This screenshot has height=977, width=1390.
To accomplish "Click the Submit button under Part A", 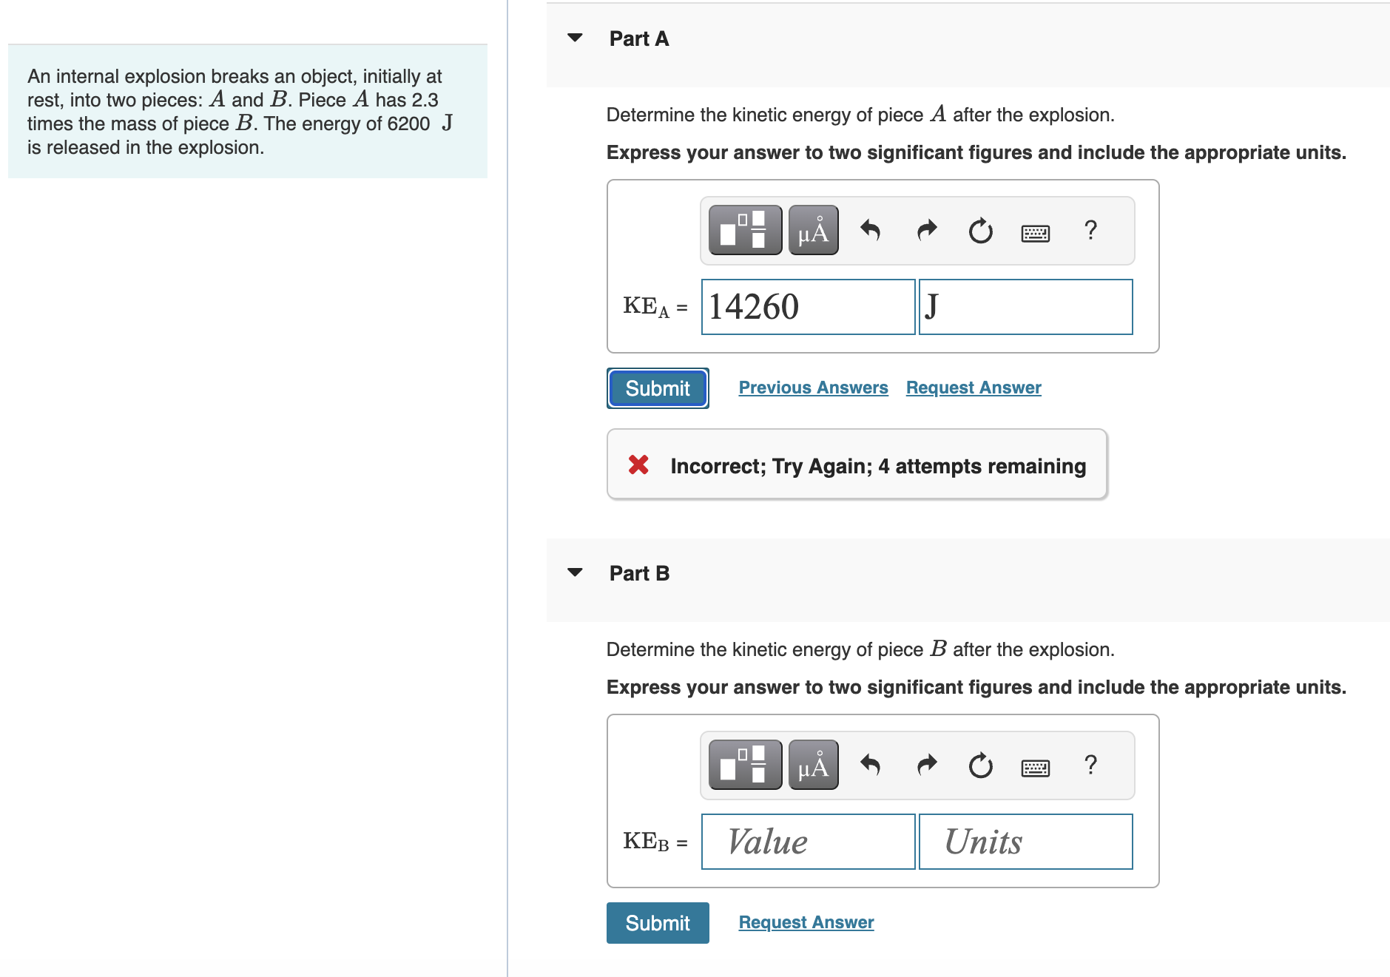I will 657,388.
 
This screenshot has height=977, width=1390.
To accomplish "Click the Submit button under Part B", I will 657,923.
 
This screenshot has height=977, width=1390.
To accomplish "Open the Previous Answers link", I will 813,388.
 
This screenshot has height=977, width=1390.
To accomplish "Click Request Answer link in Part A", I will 973,388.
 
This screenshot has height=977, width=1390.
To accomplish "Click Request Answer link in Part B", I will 806,922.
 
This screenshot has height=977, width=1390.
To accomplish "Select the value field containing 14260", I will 807,307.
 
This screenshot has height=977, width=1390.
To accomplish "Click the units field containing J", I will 1025,307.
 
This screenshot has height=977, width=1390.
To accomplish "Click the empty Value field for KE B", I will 807,842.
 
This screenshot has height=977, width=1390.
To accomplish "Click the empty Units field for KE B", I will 1025,842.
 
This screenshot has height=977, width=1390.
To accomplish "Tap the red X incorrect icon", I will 638,464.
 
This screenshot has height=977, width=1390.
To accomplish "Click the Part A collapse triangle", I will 575,38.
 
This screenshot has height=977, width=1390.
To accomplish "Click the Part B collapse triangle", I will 575,572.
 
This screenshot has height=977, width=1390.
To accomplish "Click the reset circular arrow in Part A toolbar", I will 980,231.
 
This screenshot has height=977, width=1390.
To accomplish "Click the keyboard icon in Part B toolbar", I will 1034,768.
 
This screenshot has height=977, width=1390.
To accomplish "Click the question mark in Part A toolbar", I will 1090,230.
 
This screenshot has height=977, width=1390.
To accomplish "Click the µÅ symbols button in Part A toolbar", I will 813,231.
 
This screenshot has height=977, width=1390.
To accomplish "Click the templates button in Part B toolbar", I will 745,765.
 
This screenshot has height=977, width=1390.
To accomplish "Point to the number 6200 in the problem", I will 408,124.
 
